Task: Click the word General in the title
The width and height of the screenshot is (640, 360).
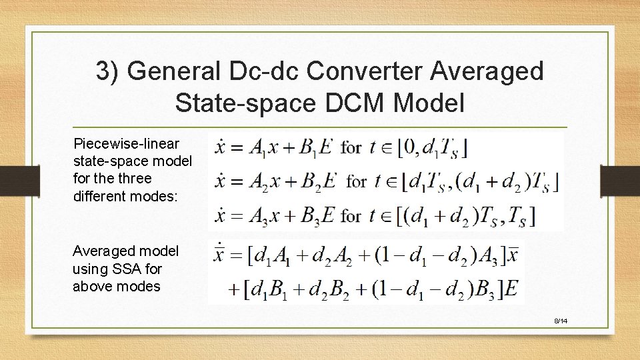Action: (x=172, y=71)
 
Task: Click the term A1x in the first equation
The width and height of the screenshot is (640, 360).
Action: (x=263, y=148)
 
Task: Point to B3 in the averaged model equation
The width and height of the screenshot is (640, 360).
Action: (x=490, y=289)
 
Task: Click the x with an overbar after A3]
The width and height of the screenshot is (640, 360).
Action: (x=513, y=255)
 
